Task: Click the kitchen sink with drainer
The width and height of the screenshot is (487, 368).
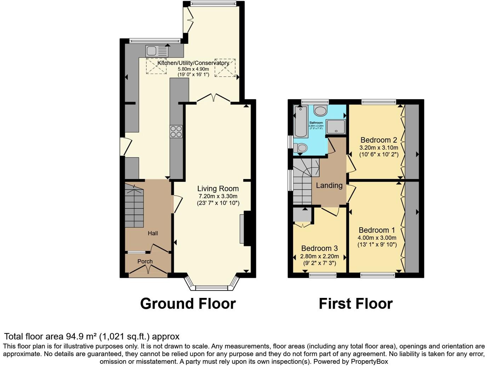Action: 156,51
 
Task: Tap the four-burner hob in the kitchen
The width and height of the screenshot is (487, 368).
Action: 176,132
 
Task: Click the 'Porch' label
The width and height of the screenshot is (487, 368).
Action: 145,261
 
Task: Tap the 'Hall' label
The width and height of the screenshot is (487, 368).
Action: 153,233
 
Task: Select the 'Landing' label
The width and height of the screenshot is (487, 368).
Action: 329,185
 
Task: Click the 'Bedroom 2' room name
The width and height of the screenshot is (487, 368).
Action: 379,140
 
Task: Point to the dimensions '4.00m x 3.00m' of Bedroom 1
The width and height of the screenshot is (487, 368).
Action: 377,238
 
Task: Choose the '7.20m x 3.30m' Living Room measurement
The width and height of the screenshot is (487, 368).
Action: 218,196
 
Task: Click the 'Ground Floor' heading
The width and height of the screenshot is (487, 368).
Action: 188,304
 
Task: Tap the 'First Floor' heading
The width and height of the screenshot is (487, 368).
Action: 356,304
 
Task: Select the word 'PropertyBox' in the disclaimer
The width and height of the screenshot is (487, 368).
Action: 369,362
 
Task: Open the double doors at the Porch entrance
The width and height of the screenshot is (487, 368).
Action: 148,271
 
